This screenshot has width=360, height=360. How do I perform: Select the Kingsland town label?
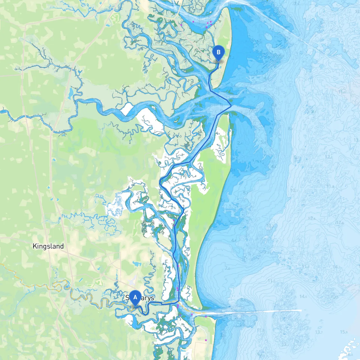pos(48,246)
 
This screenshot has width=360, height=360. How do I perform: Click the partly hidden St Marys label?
pos(140,298)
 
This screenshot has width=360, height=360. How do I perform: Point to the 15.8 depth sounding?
pos(344,332)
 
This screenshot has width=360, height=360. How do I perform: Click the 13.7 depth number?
pos(319,332)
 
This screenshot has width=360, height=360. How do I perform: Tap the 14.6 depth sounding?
pos(303,296)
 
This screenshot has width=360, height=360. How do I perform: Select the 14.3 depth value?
pos(336,267)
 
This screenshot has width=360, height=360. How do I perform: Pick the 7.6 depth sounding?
pos(227,268)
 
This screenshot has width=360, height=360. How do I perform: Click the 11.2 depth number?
pos(271,281)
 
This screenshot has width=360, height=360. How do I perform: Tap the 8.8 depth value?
pos(290,129)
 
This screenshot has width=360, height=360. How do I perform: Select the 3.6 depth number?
pos(233,85)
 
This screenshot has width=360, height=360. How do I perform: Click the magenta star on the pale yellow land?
pos(206,340)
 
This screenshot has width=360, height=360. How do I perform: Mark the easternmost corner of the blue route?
pos(231,106)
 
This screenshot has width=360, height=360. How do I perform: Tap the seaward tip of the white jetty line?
pos(301,310)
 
